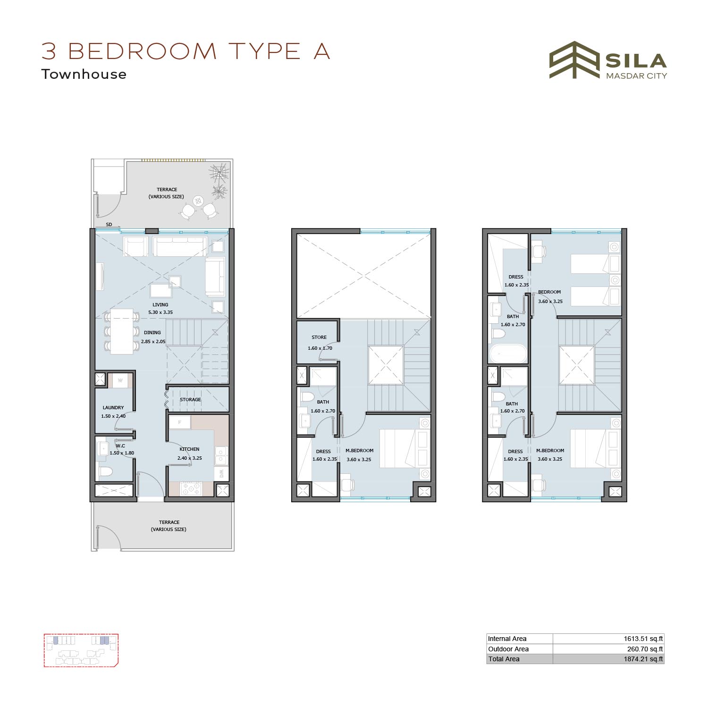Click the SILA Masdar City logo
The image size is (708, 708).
pyautogui.click(x=608, y=60)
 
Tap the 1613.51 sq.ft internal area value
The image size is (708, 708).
pyautogui.click(x=643, y=639)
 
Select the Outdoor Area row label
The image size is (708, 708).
pyautogui.click(x=508, y=649)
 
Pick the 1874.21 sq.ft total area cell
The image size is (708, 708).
pyautogui.click(x=643, y=659)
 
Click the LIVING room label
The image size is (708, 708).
pyautogui.click(x=160, y=304)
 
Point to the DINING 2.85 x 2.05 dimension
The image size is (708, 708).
pyautogui.click(x=153, y=341)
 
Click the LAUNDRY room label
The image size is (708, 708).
pyautogui.click(x=113, y=407)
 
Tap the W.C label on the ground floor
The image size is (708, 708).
pyautogui.click(x=120, y=446)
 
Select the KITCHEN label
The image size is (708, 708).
pyautogui.click(x=189, y=449)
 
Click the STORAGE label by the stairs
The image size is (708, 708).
pyautogui.click(x=190, y=399)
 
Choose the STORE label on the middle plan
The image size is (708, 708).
pyautogui.click(x=319, y=337)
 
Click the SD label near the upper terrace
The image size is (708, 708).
pyautogui.click(x=109, y=224)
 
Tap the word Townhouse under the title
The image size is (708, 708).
pyautogui.click(x=84, y=74)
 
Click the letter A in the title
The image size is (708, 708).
pyautogui.click(x=321, y=51)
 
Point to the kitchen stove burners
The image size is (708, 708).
pyautogui.click(x=191, y=489)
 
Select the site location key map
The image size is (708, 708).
pyautogui.click(x=81, y=650)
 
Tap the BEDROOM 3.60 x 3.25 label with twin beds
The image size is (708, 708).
pyautogui.click(x=550, y=296)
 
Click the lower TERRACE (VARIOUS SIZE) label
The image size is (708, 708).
pyautogui.click(x=169, y=526)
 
